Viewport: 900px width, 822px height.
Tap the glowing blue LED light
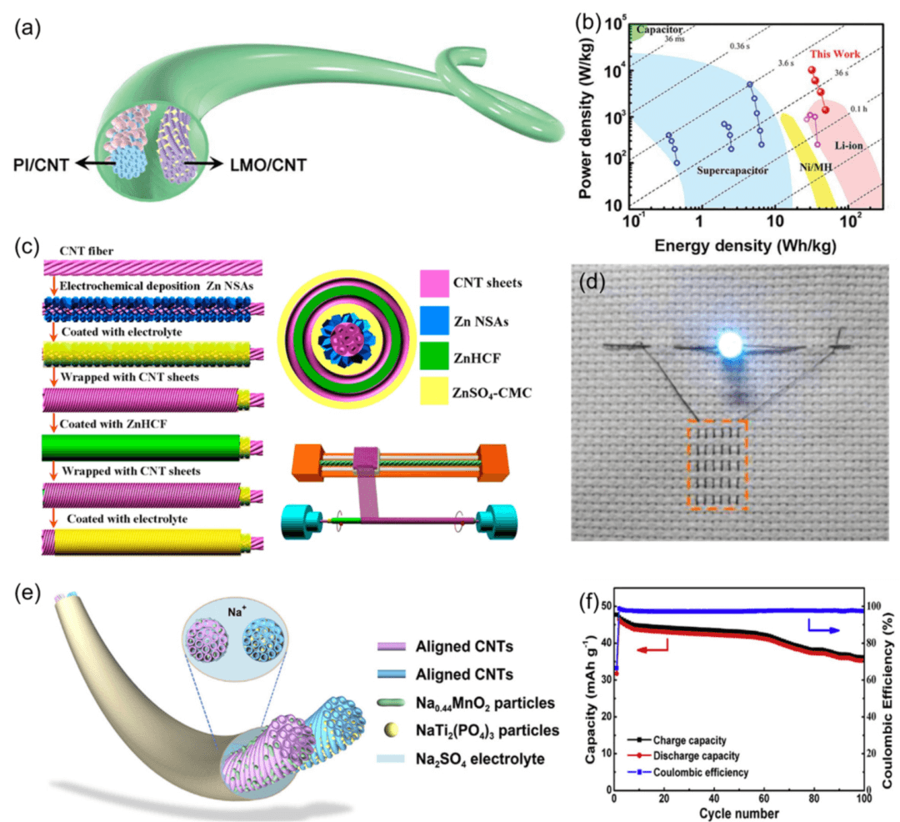coord(730,343)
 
